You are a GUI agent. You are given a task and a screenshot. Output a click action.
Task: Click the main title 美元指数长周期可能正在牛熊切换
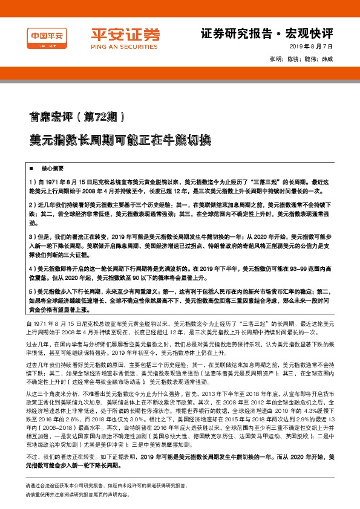pos(112,139)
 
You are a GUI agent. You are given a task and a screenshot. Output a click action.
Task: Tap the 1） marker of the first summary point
pos(33,181)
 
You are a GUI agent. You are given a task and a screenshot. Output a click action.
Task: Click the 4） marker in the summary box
pos(33,266)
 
